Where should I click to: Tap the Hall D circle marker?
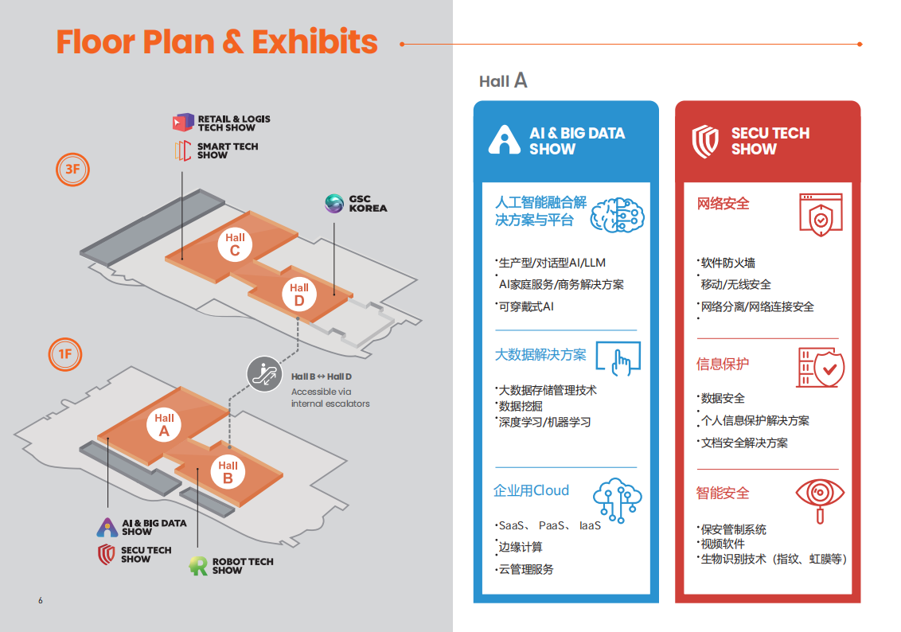click(x=299, y=294)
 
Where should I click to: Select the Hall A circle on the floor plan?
click(x=165, y=424)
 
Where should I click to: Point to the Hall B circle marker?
click(x=228, y=472)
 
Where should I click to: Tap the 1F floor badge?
click(x=65, y=354)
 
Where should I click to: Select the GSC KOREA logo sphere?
click(x=334, y=204)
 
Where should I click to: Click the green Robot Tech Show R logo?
click(x=198, y=566)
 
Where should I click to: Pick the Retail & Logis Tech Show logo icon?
click(x=182, y=123)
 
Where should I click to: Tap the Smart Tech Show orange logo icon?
click(x=182, y=150)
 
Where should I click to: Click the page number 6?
click(x=41, y=600)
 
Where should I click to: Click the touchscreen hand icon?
click(x=618, y=358)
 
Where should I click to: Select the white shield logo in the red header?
click(x=705, y=141)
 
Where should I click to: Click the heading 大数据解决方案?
click(x=540, y=355)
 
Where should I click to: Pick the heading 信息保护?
click(x=723, y=365)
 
